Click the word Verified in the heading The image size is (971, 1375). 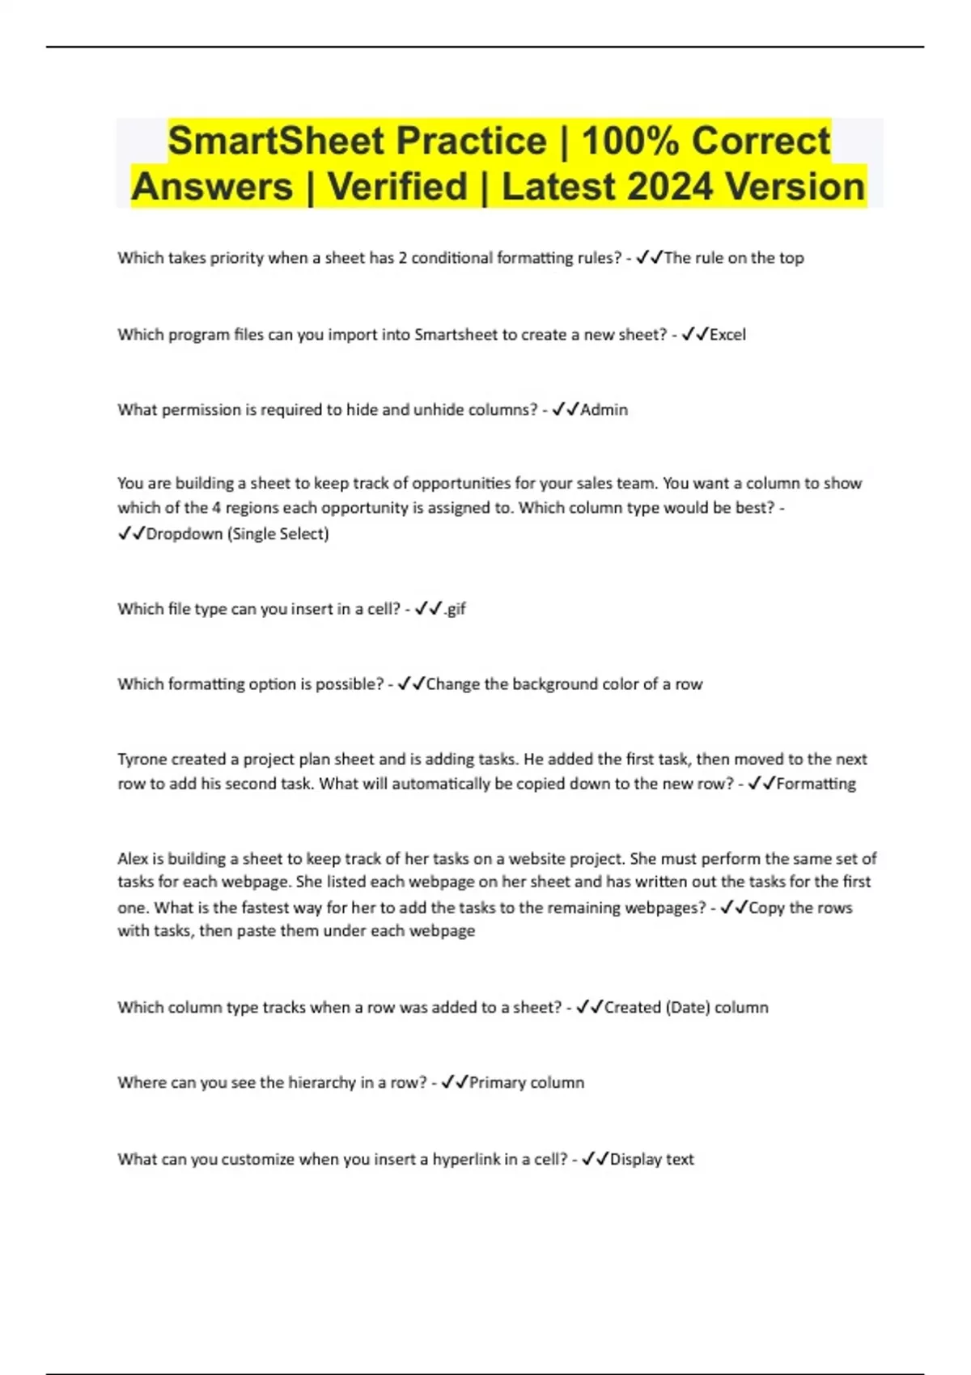click(397, 187)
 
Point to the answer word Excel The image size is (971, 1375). click(727, 335)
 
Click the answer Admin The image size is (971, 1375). click(604, 410)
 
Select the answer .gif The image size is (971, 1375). click(455, 609)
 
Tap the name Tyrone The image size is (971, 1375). click(143, 759)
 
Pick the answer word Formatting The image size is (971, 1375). click(816, 784)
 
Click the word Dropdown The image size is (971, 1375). click(184, 534)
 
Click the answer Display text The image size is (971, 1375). click(651, 1159)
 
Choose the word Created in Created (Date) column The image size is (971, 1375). click(632, 1008)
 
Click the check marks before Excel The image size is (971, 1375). click(695, 335)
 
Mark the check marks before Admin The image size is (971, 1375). click(566, 410)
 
